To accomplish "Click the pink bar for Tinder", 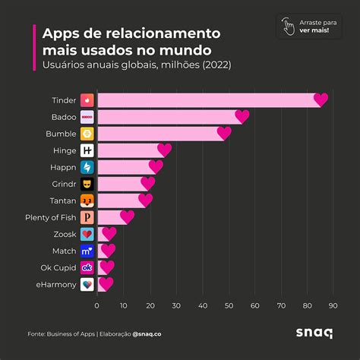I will pos(205,100).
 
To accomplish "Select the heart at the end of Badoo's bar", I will pos(242,117).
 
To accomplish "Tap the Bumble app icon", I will pos(87,134).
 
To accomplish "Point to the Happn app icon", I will pos(87,167).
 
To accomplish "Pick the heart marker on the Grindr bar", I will pos(147,184).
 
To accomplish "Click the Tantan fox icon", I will pos(87,201).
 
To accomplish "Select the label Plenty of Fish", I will pos(49,217).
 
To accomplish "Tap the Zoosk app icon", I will pos(87,234).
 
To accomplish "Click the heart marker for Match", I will pos(108,251).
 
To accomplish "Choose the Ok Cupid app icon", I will pos(87,267).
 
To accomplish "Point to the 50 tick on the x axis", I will pos(229,306).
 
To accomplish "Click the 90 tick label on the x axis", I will pos(333,306).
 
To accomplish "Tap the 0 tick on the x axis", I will pos(97,306).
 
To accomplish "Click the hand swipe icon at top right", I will pos(288,26).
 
